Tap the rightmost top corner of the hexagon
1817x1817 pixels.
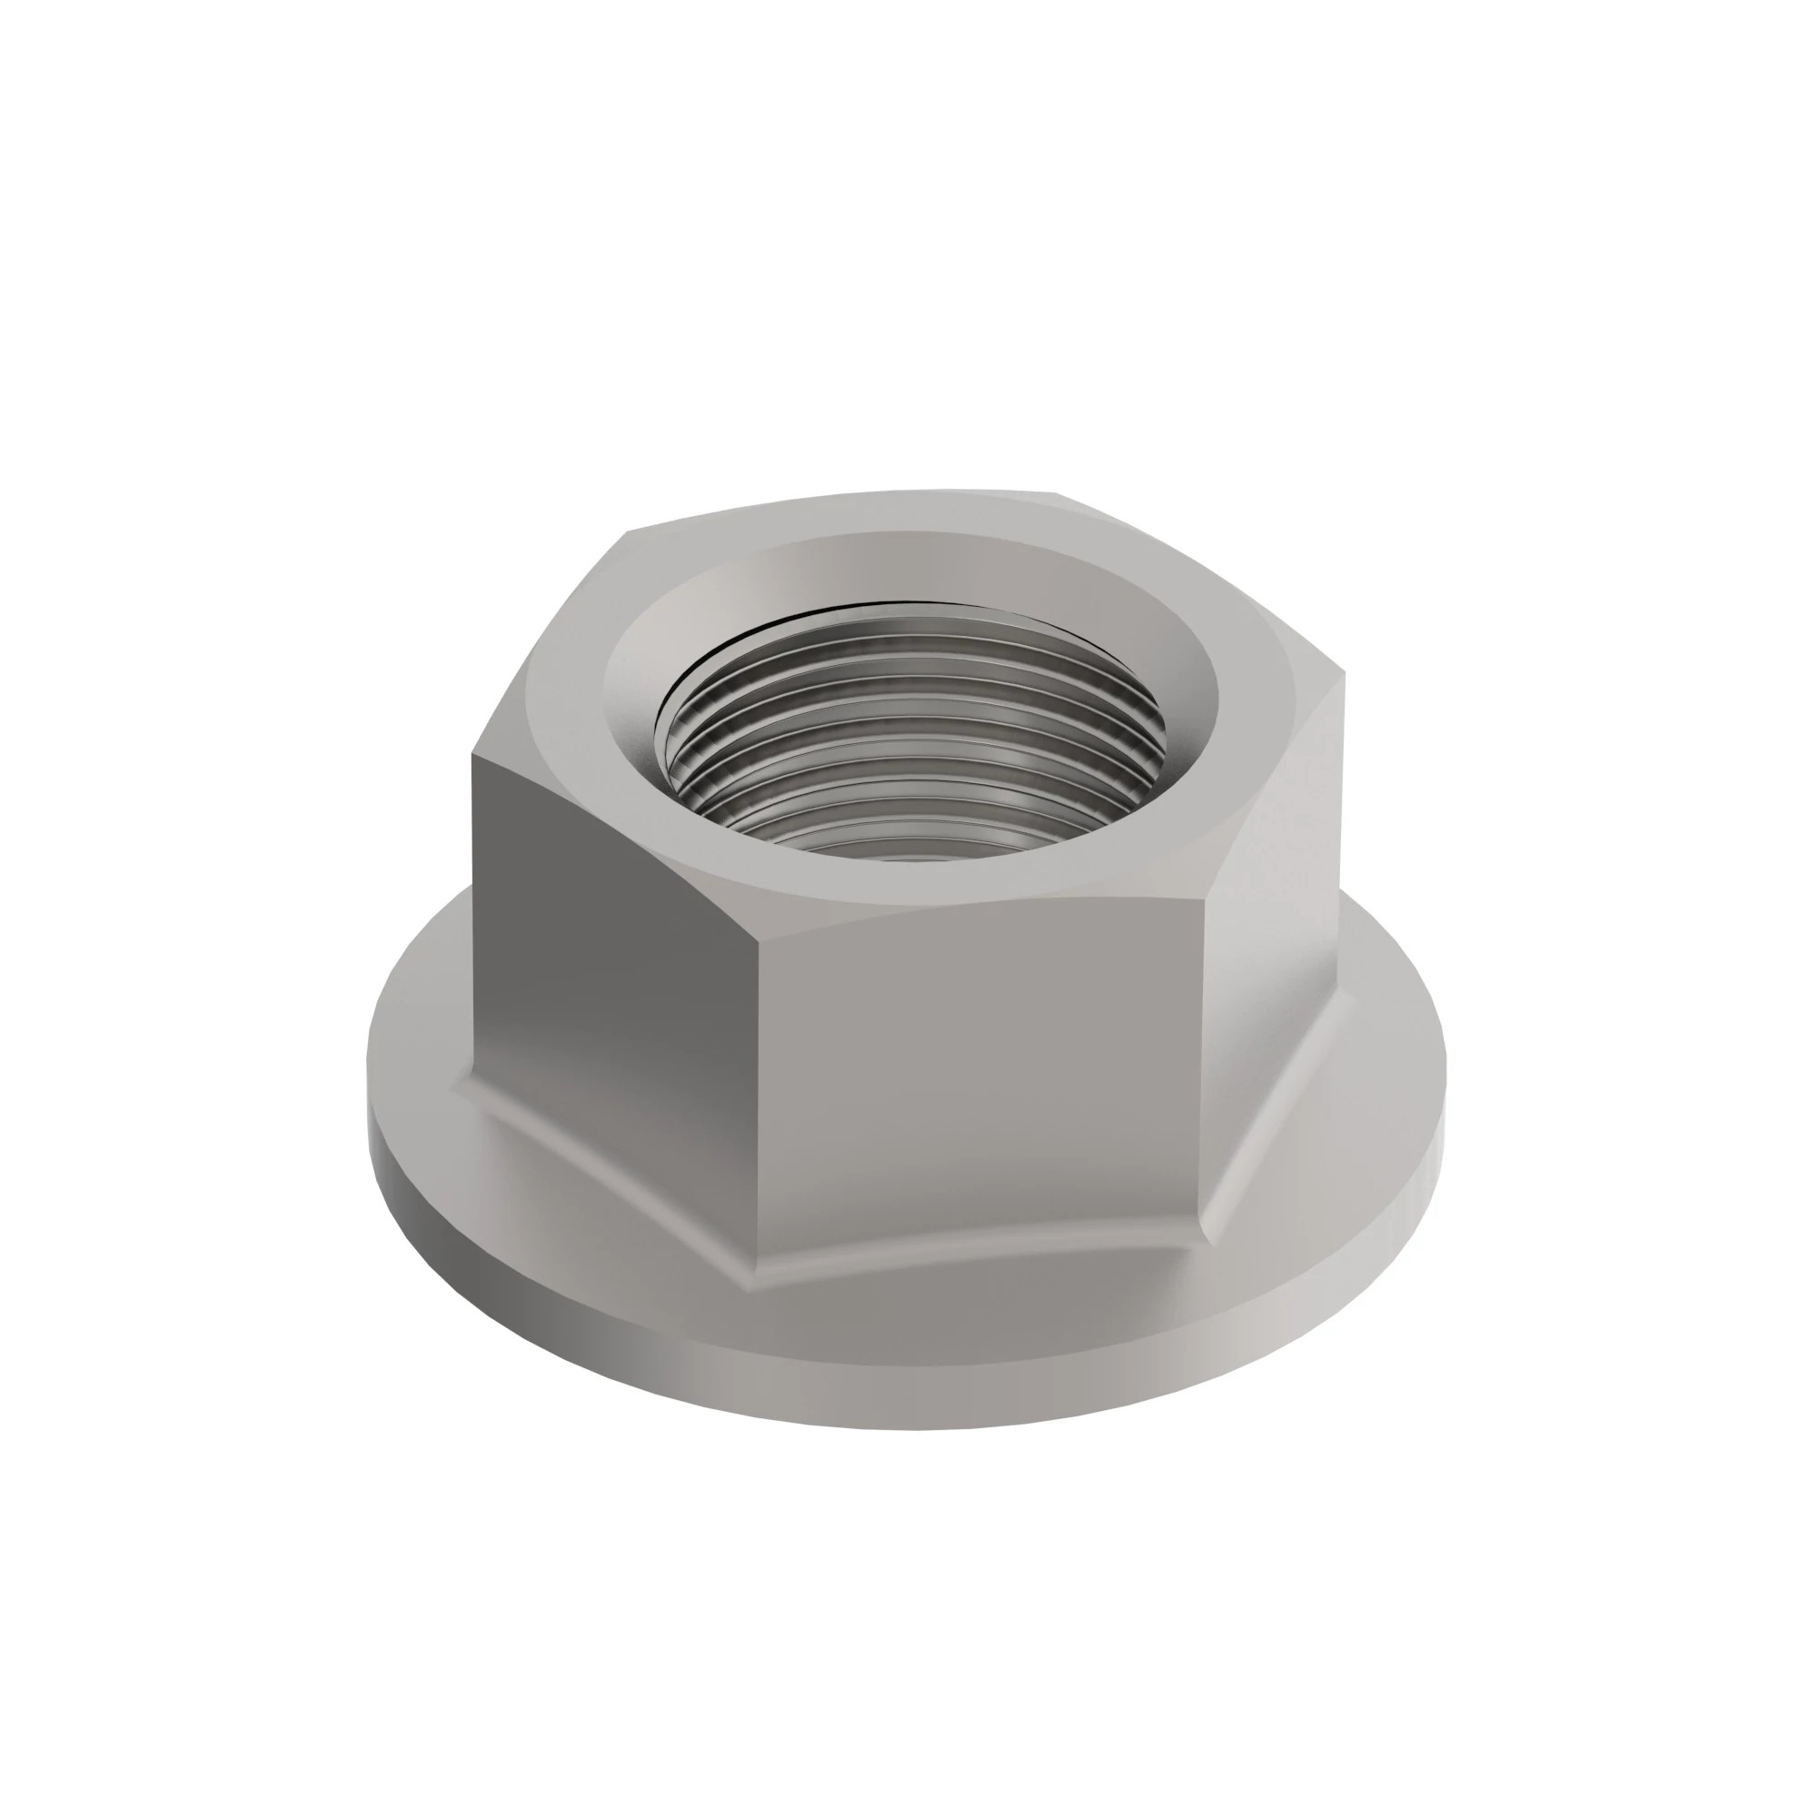tap(1344, 673)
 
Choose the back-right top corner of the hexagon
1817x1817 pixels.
tap(1057, 492)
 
